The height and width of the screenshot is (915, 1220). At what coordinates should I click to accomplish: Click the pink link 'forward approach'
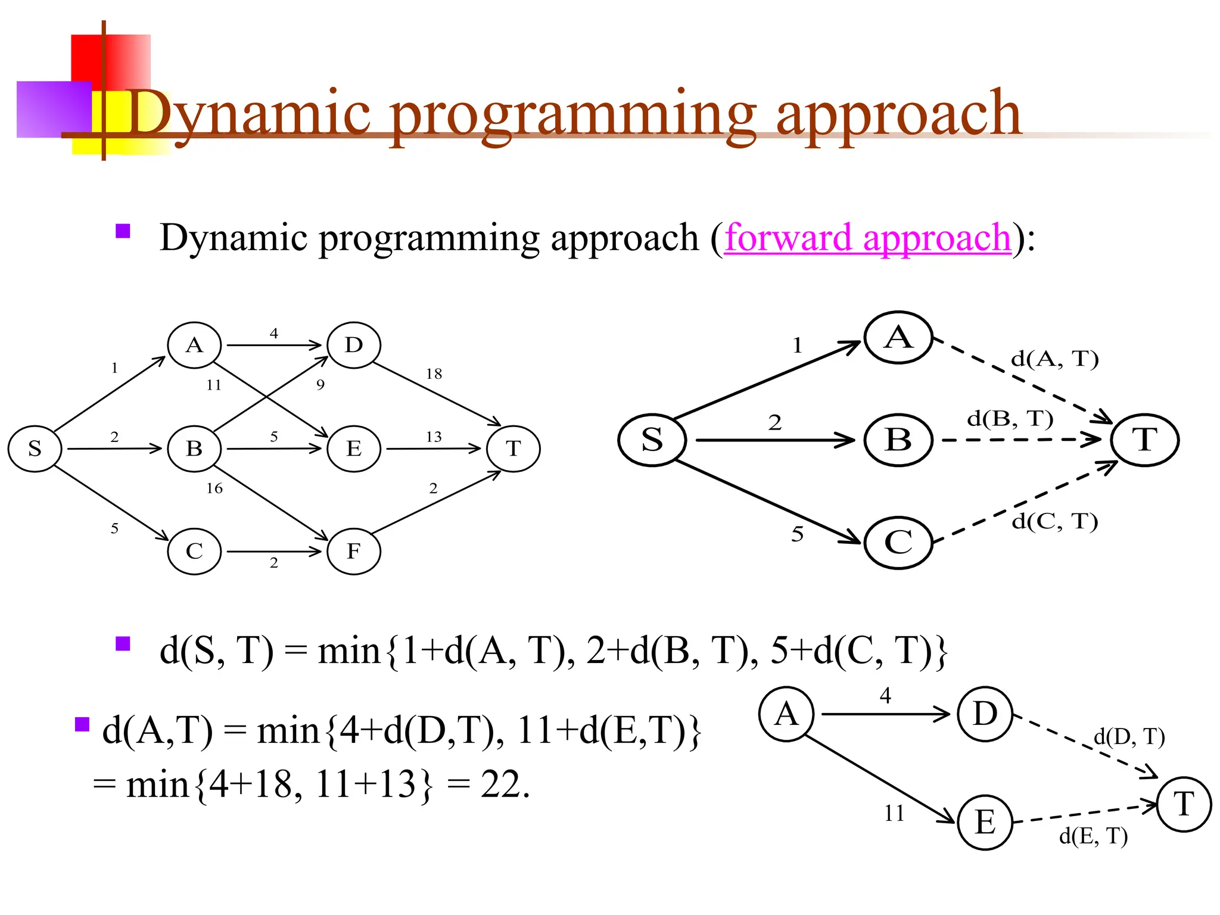pyautogui.click(x=867, y=238)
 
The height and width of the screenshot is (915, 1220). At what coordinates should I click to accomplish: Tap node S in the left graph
pyautogui.click(x=35, y=449)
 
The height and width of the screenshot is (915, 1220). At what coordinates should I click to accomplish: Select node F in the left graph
pyautogui.click(x=353, y=552)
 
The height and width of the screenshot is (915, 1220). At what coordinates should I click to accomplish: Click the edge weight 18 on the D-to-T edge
pyautogui.click(x=434, y=374)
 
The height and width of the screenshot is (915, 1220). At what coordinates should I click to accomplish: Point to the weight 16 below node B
pyautogui.click(x=214, y=488)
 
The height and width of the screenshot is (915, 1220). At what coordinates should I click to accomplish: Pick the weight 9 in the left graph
pyautogui.click(x=320, y=385)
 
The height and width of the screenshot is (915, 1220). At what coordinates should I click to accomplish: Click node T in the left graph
pyautogui.click(x=513, y=449)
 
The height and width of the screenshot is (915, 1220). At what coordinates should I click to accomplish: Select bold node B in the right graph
pyautogui.click(x=898, y=440)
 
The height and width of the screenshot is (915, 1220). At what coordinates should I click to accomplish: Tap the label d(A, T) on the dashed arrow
pyautogui.click(x=1054, y=359)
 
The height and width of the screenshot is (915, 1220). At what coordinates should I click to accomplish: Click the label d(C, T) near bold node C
pyautogui.click(x=1054, y=521)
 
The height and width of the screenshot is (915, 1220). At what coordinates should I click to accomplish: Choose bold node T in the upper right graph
pyautogui.click(x=1144, y=440)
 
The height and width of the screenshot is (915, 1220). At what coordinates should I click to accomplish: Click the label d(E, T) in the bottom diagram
pyautogui.click(x=1093, y=836)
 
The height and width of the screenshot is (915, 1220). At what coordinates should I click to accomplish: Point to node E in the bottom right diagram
pyautogui.click(x=985, y=823)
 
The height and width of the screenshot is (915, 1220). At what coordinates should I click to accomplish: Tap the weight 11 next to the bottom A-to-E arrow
pyautogui.click(x=894, y=814)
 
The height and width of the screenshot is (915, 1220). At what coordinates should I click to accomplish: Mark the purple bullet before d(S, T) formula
pyautogui.click(x=123, y=644)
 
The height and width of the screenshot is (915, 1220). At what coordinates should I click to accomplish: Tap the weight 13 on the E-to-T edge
pyautogui.click(x=434, y=437)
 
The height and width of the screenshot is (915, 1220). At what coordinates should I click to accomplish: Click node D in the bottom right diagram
pyautogui.click(x=985, y=714)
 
